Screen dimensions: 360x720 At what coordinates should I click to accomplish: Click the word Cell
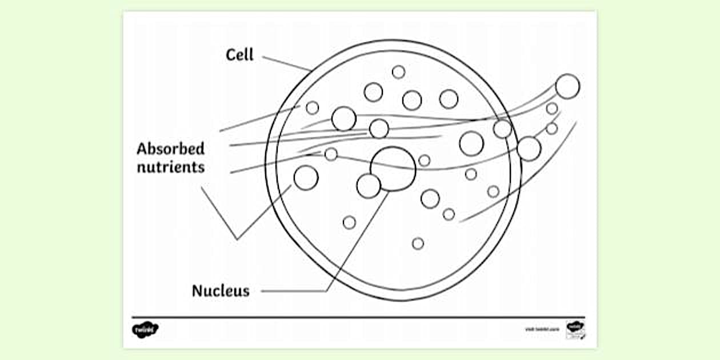pos(239,55)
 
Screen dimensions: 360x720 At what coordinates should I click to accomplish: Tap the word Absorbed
pos(170,149)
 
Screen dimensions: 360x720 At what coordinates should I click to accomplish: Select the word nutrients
pos(170,167)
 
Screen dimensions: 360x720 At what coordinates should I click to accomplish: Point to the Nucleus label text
pos(221,291)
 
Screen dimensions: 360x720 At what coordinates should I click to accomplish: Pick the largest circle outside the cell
pos(567,86)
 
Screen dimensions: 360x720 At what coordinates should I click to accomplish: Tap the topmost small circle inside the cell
pos(399,72)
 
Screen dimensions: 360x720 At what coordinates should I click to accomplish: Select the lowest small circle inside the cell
pos(418,243)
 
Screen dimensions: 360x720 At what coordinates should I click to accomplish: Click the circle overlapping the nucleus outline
pos(369,186)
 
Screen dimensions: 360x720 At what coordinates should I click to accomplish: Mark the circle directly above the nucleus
pos(379,129)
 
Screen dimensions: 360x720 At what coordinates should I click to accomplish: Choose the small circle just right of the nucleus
pos(424,161)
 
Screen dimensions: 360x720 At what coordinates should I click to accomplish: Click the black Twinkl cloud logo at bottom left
pos(145,330)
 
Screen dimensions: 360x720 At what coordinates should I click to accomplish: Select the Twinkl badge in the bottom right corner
pos(575,330)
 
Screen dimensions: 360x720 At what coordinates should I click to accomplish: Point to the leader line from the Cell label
pos(286,63)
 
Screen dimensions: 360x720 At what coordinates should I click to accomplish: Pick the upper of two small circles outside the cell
pos(552,109)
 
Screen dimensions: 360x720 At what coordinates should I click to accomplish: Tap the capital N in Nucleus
pos(197,291)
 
